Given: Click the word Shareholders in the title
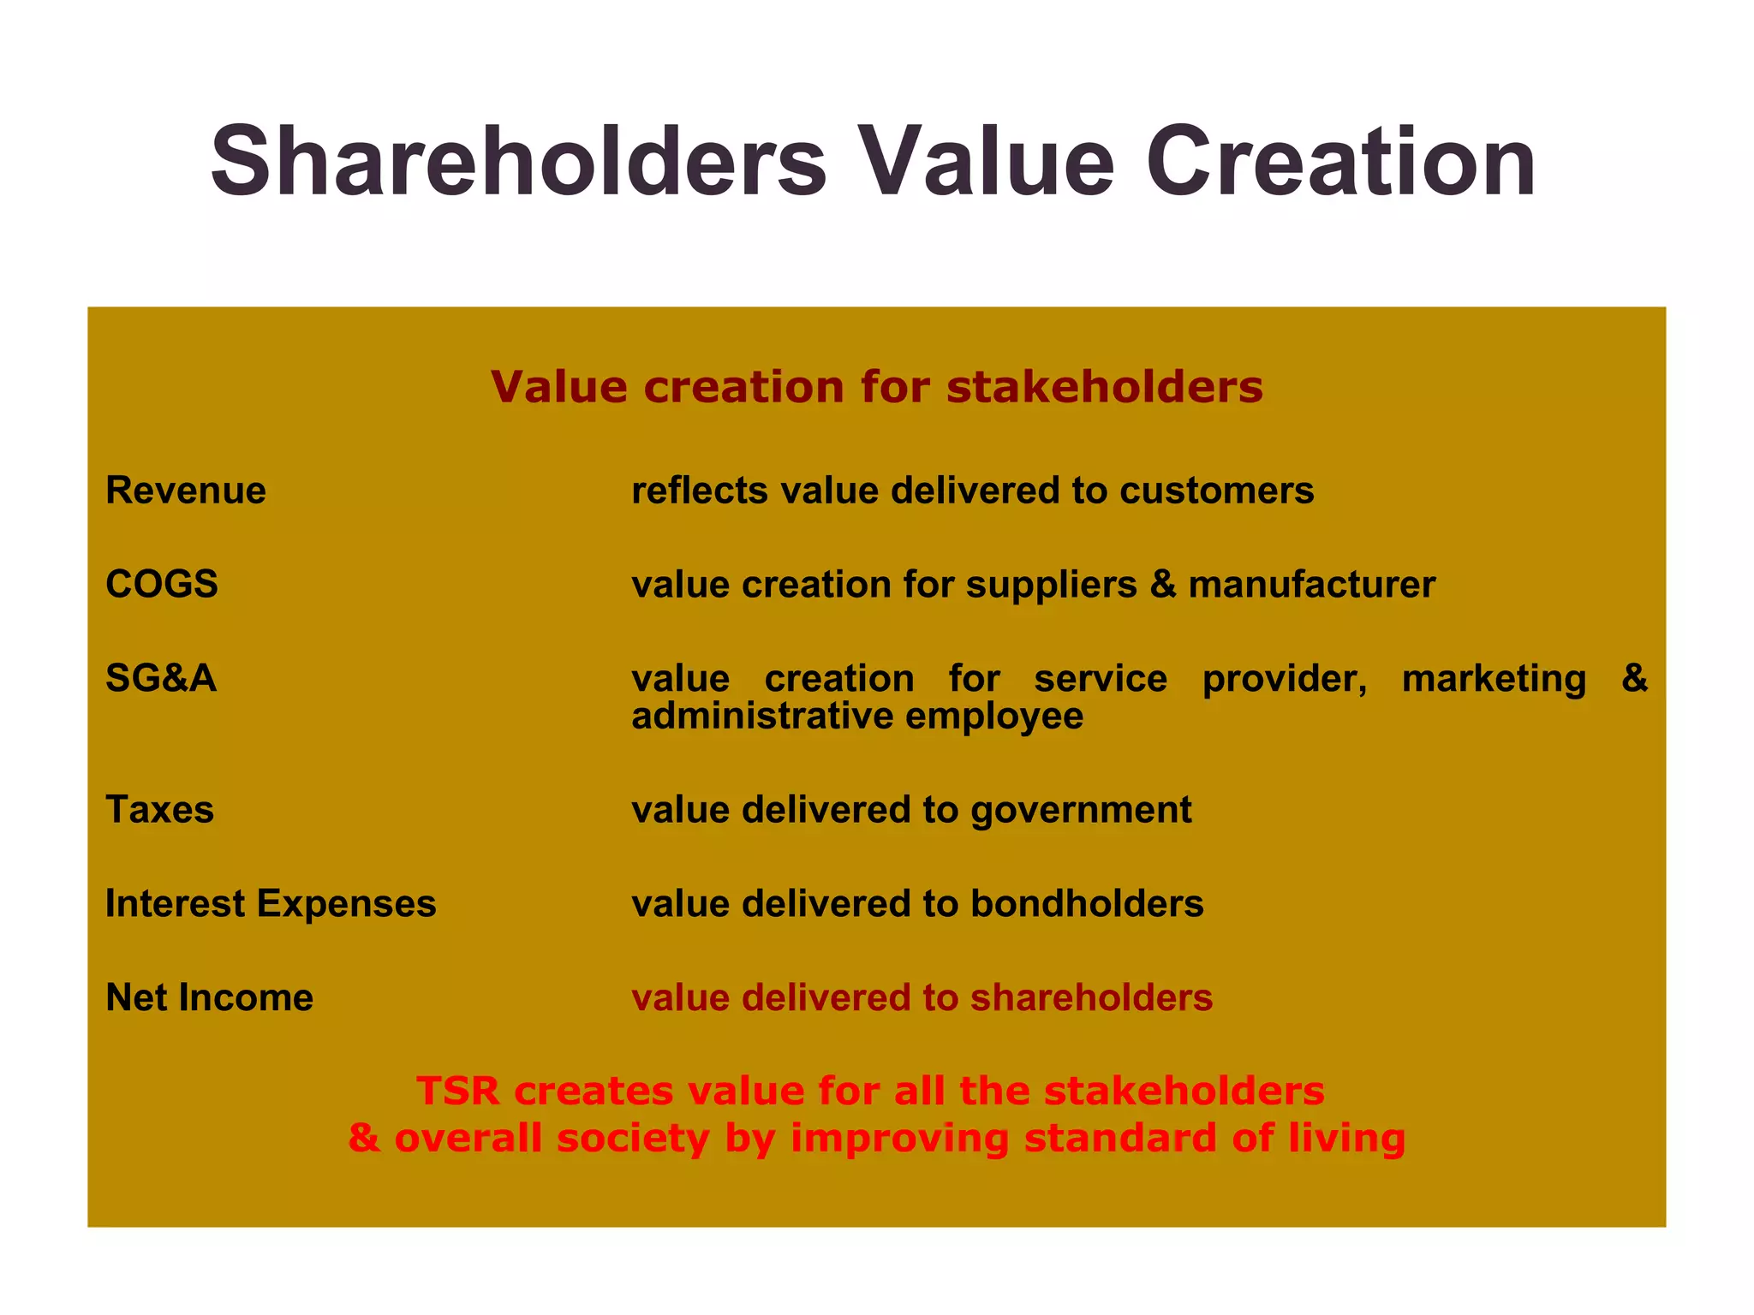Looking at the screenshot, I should [519, 162].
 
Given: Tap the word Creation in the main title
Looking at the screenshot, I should [1340, 162].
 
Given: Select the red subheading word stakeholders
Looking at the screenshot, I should [1105, 387].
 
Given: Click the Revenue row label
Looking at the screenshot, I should [185, 491].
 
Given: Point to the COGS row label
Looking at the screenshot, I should [162, 585].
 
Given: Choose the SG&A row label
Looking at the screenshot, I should [161, 679].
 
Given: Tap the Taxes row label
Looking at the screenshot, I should [159, 810].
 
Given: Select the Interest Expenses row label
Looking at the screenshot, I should [271, 904].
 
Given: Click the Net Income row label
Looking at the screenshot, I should [209, 998].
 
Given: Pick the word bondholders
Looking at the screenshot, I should [1087, 904].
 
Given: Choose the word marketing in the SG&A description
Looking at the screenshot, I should [1494, 679].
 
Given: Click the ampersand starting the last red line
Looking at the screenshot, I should [364, 1139].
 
